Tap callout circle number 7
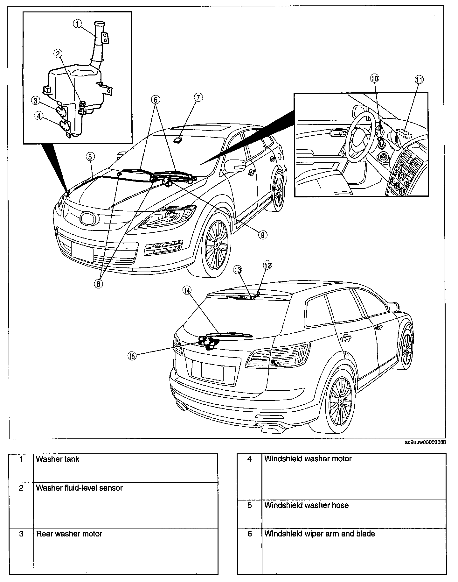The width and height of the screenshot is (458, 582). click(198, 97)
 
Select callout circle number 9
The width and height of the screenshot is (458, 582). click(263, 235)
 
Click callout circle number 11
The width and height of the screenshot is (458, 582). click(419, 80)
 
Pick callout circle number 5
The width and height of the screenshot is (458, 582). click(90, 156)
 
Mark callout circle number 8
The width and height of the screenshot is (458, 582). click(99, 284)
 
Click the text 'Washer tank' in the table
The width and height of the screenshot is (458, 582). click(58, 459)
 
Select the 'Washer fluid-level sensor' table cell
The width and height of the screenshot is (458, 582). click(79, 488)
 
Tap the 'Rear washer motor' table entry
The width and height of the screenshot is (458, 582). click(69, 534)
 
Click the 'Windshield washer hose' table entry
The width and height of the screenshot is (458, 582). click(306, 505)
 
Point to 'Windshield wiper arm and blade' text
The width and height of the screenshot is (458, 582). click(320, 534)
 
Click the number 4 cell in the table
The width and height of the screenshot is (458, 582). click(250, 459)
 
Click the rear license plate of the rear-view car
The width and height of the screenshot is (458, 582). click(212, 371)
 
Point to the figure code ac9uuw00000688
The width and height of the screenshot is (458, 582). click(425, 443)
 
